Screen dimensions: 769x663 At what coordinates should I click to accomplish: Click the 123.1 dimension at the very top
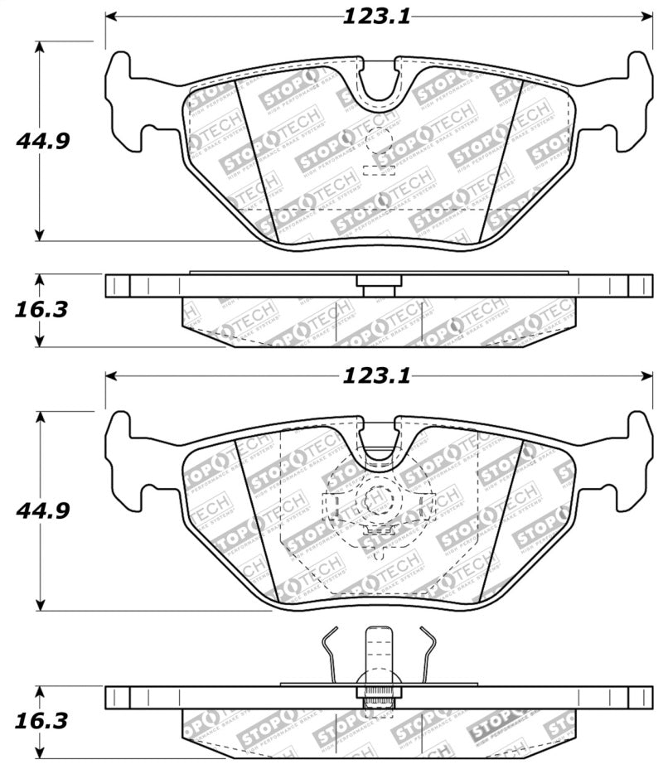point(376,17)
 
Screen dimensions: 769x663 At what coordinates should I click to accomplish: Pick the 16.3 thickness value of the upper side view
point(40,310)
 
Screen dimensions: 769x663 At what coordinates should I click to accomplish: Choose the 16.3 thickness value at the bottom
point(40,723)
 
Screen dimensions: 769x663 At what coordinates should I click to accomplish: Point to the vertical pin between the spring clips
point(379,655)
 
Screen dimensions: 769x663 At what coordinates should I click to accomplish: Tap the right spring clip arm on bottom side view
point(427,655)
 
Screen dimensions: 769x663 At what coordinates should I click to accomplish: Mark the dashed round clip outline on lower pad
point(378,502)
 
